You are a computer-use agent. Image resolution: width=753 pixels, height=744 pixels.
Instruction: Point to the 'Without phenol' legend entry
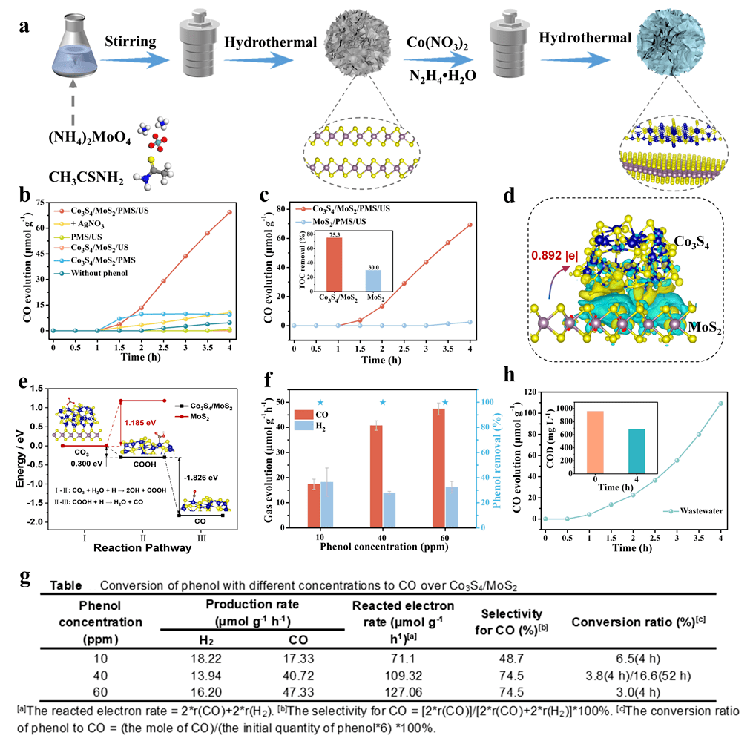105,272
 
